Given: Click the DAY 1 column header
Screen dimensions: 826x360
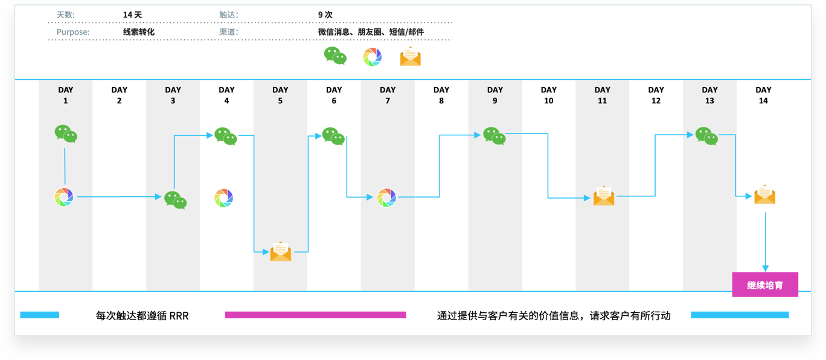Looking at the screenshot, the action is point(66,95).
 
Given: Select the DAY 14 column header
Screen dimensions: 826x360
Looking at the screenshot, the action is point(763,95).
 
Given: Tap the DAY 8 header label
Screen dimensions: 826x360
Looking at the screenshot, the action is point(441,95).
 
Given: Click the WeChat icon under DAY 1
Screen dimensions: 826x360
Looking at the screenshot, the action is point(66,133).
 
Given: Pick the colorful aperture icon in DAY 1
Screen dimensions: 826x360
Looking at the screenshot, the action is point(64,197).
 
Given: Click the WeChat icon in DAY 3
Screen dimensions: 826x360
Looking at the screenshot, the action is point(175,200).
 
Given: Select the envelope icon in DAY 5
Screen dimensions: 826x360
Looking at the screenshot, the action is point(281,251).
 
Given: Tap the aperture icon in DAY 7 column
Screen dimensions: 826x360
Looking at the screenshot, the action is point(386,198).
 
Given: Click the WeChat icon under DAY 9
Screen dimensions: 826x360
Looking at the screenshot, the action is point(494,136).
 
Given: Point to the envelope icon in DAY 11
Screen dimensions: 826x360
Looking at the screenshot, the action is point(604,196).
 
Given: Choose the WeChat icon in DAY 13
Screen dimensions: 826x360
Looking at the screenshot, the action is point(706,136).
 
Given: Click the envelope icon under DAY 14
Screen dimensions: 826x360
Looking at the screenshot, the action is point(765,194).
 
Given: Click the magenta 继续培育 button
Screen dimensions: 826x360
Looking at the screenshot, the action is point(765,284).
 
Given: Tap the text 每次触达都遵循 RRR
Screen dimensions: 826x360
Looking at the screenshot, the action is point(142,316).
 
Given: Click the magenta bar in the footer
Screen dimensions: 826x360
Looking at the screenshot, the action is point(315,315).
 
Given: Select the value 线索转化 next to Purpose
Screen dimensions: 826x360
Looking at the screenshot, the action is point(139,32).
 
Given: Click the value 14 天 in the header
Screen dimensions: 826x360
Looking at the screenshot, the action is point(132,14).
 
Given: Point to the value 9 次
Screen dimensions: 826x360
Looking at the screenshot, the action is point(325,14).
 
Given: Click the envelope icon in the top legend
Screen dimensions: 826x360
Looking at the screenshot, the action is point(411,56).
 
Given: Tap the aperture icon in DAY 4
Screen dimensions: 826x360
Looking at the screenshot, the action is point(224,198).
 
